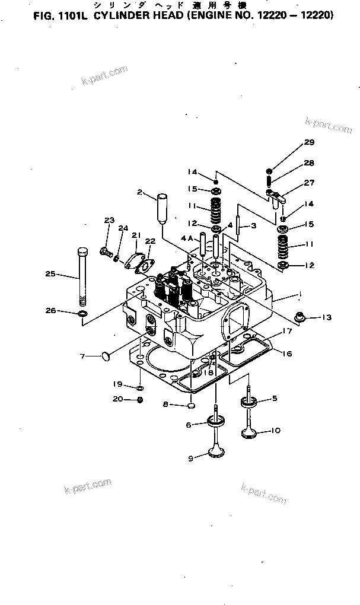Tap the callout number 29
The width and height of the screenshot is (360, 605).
[309, 142]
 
